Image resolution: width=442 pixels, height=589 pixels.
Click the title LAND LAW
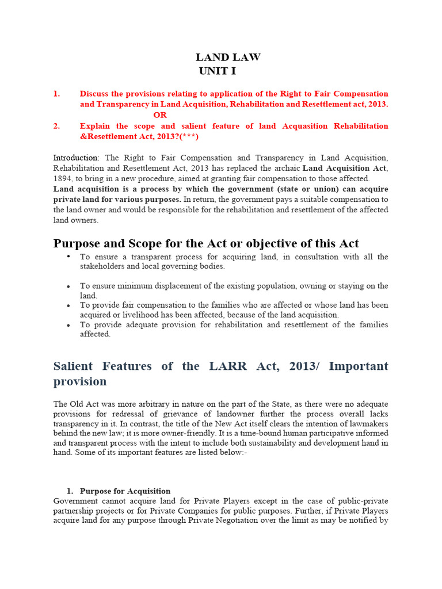click(x=228, y=57)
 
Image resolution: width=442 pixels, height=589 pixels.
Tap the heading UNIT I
click(x=218, y=71)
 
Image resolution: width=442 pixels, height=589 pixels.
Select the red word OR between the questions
click(x=160, y=115)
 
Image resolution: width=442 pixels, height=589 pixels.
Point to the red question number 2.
click(x=56, y=126)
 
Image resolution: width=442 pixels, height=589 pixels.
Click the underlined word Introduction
click(x=76, y=158)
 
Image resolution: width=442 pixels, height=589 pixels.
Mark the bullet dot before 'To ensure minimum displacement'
click(x=68, y=286)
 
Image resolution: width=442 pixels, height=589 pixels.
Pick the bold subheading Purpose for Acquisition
click(x=125, y=491)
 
